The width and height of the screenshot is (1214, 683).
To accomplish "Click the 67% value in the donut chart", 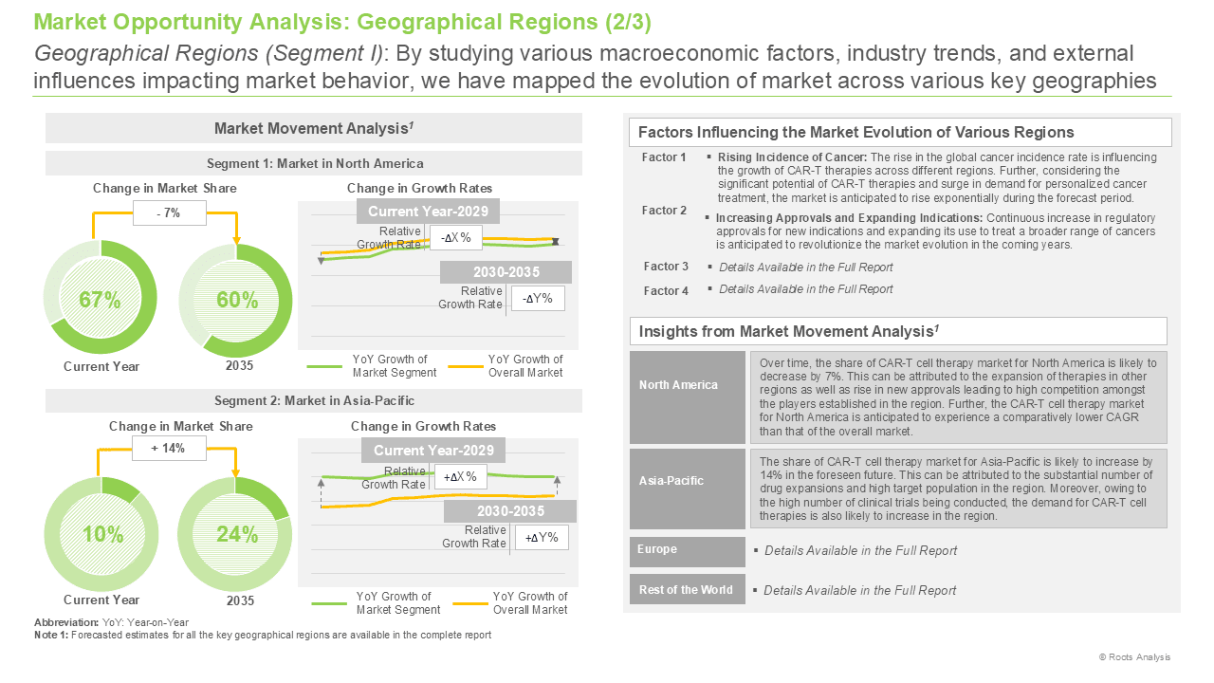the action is pos(100,300).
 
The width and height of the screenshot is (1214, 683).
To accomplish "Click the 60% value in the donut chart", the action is pos(237,300).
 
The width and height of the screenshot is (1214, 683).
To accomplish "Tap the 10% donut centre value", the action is pos(103,534).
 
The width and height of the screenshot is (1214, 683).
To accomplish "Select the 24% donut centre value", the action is pos(237,534).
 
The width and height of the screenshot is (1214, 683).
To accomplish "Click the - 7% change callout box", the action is pos(169,213).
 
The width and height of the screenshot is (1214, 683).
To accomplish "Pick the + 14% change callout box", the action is pos(169,449).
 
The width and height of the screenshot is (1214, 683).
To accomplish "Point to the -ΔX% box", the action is pos(456,238).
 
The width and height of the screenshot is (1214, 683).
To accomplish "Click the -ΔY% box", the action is pos(538,299).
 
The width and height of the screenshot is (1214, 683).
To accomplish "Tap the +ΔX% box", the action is pos(460,477).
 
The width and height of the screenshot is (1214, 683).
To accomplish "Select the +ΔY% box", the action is pos(542,538).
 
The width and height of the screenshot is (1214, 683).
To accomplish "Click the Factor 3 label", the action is pos(666,267).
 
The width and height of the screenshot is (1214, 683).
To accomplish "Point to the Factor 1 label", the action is pos(663,157).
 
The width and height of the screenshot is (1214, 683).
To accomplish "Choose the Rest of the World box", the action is pos(688,589).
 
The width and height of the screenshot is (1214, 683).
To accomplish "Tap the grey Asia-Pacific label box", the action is pos(688,489).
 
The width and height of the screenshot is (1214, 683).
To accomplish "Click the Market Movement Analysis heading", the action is pos(314,128).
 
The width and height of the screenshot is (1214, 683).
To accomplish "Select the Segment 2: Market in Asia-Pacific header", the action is pos(314,400).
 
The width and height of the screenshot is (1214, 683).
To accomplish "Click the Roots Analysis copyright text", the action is pos(1135,657).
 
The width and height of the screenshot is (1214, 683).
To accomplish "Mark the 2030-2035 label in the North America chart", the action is pos(506,272).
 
